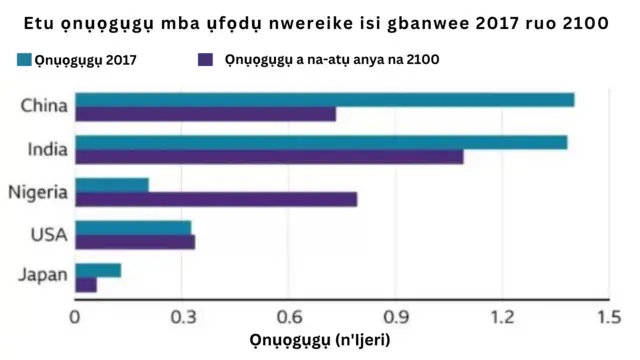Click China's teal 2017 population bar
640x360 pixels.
tap(325, 99)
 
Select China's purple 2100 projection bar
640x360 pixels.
tap(205, 114)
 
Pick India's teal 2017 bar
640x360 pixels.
tap(321, 142)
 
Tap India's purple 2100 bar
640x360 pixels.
tap(269, 157)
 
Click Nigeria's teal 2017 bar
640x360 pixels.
tap(112, 185)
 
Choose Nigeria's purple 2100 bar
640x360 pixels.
tap(216, 200)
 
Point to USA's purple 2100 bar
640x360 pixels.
tap(135, 242)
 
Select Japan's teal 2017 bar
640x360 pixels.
tap(98, 270)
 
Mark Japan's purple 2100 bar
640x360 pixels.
tap(86, 285)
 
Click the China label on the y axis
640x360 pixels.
tap(45, 106)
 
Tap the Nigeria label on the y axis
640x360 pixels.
tap(37, 192)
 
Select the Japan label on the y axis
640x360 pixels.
tap(44, 277)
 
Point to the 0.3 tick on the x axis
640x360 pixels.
tap(181, 317)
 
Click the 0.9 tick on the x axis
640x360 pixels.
tap(395, 317)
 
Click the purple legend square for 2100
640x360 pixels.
tap(208, 60)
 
